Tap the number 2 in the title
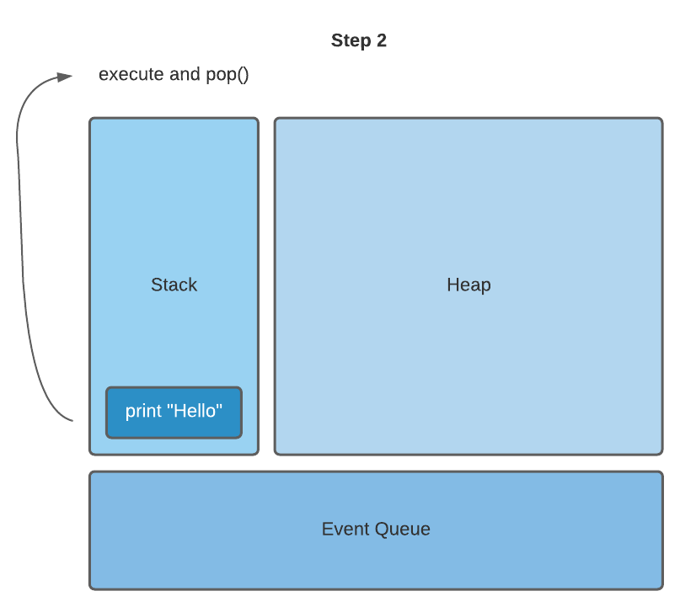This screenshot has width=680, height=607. [382, 40]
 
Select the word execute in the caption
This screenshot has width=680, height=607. [131, 74]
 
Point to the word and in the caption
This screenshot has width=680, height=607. [185, 74]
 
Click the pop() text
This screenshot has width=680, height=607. [227, 75]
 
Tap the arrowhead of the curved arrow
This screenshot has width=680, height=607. [67, 77]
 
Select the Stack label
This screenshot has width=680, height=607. [174, 285]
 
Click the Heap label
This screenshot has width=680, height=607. [469, 285]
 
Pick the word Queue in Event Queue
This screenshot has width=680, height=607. [403, 530]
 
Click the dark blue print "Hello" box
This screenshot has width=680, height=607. [174, 413]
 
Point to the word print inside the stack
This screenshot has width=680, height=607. [143, 412]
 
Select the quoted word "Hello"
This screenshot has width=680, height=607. [195, 411]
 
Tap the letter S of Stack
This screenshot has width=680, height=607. [156, 285]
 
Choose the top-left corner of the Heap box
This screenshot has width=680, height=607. [276, 120]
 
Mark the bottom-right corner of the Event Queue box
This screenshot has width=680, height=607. [661, 587]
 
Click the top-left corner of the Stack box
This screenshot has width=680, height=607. [91, 120]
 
